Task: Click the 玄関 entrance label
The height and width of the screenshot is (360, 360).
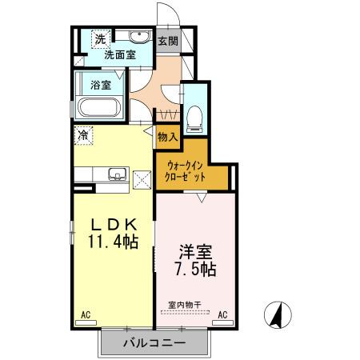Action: pos(167,41)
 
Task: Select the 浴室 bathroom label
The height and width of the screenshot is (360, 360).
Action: pos(101,85)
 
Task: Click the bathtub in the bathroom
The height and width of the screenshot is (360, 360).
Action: pos(98,108)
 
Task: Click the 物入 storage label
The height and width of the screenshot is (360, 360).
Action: pos(167,138)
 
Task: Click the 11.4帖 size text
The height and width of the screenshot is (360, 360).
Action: pos(113,241)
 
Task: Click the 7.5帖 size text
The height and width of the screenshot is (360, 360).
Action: pos(194,269)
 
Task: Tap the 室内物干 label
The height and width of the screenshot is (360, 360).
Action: pos(183,305)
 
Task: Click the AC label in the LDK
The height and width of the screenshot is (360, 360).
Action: pos(86,315)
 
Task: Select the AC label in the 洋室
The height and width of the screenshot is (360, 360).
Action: pos(223,315)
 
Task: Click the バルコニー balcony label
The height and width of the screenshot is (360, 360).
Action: pos(154,343)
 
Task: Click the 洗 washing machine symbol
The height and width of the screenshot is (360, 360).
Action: pos(100,39)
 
